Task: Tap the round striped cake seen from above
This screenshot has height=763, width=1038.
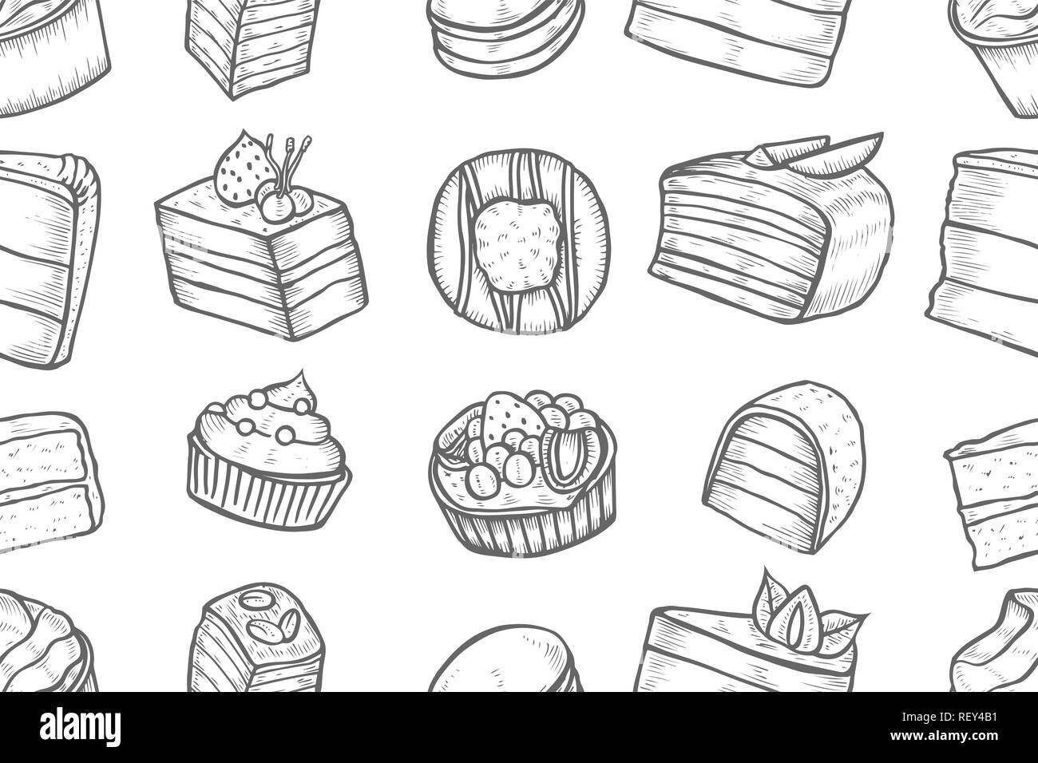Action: (519, 241)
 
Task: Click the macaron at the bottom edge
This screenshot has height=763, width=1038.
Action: (505, 660)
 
